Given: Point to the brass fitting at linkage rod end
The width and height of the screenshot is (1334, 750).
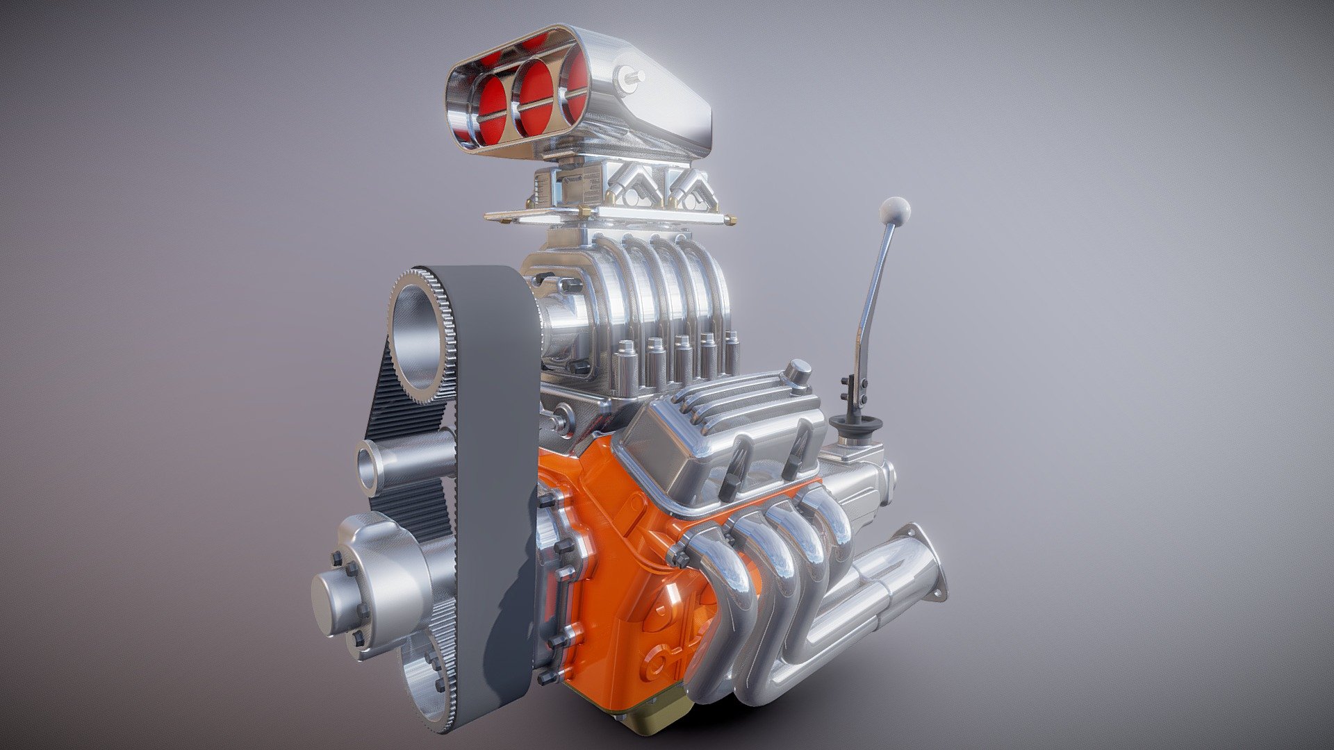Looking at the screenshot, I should [x=731, y=220].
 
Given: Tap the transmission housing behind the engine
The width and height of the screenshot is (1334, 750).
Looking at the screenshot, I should [x=862, y=486].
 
